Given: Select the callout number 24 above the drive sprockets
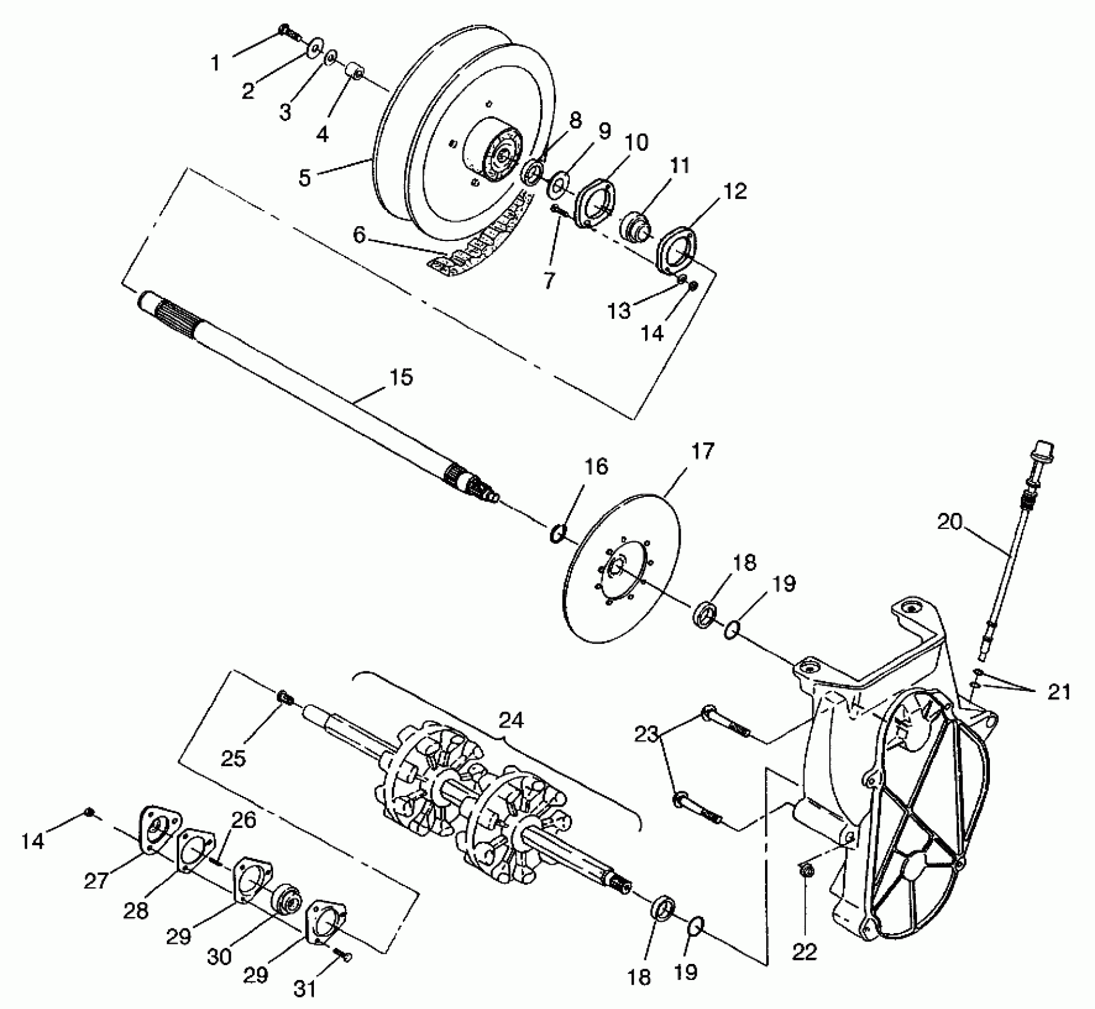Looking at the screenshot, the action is pyautogui.click(x=511, y=721).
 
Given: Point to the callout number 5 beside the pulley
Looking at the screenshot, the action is pyautogui.click(x=304, y=177).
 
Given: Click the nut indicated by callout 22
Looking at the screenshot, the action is pyautogui.click(x=806, y=871).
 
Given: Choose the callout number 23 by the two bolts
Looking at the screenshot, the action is pyautogui.click(x=647, y=735).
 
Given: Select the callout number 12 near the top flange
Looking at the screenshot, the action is pyautogui.click(x=735, y=191).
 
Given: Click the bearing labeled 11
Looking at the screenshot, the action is pyautogui.click(x=635, y=227).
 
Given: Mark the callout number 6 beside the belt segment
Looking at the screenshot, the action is pyautogui.click(x=359, y=235).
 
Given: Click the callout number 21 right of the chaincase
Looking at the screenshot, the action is pyautogui.click(x=1059, y=692).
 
